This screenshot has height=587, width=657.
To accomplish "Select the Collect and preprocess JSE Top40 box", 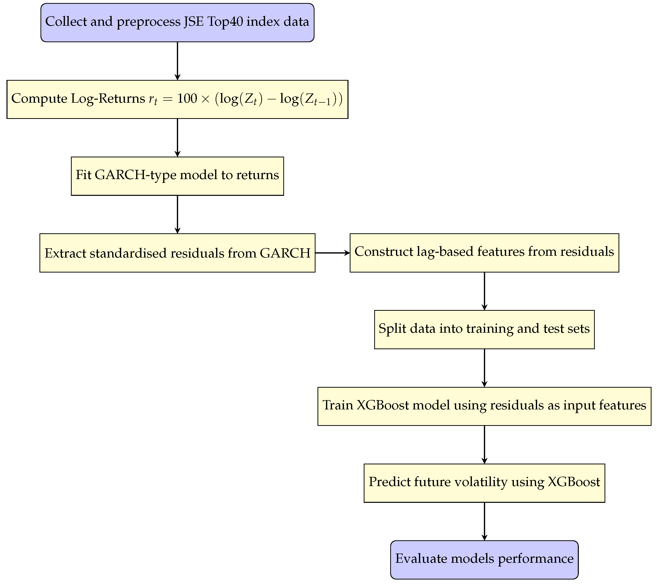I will point(177,22).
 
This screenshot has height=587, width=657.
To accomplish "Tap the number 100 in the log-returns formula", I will point(187,98).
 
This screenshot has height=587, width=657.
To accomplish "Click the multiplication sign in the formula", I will point(205,99).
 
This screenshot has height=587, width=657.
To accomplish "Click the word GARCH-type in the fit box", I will point(135,175).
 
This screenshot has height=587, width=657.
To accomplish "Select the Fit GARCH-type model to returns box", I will point(177,176).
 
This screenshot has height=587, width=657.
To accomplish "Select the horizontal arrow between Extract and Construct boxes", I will point(332,253).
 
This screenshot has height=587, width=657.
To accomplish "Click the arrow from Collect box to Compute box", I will point(177,61).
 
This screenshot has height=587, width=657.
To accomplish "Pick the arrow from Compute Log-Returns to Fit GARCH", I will point(177,137).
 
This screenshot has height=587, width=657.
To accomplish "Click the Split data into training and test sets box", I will point(484,329).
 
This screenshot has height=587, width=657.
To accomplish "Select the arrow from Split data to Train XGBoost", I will point(484,368).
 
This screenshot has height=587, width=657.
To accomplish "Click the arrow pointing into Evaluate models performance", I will point(484,521).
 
